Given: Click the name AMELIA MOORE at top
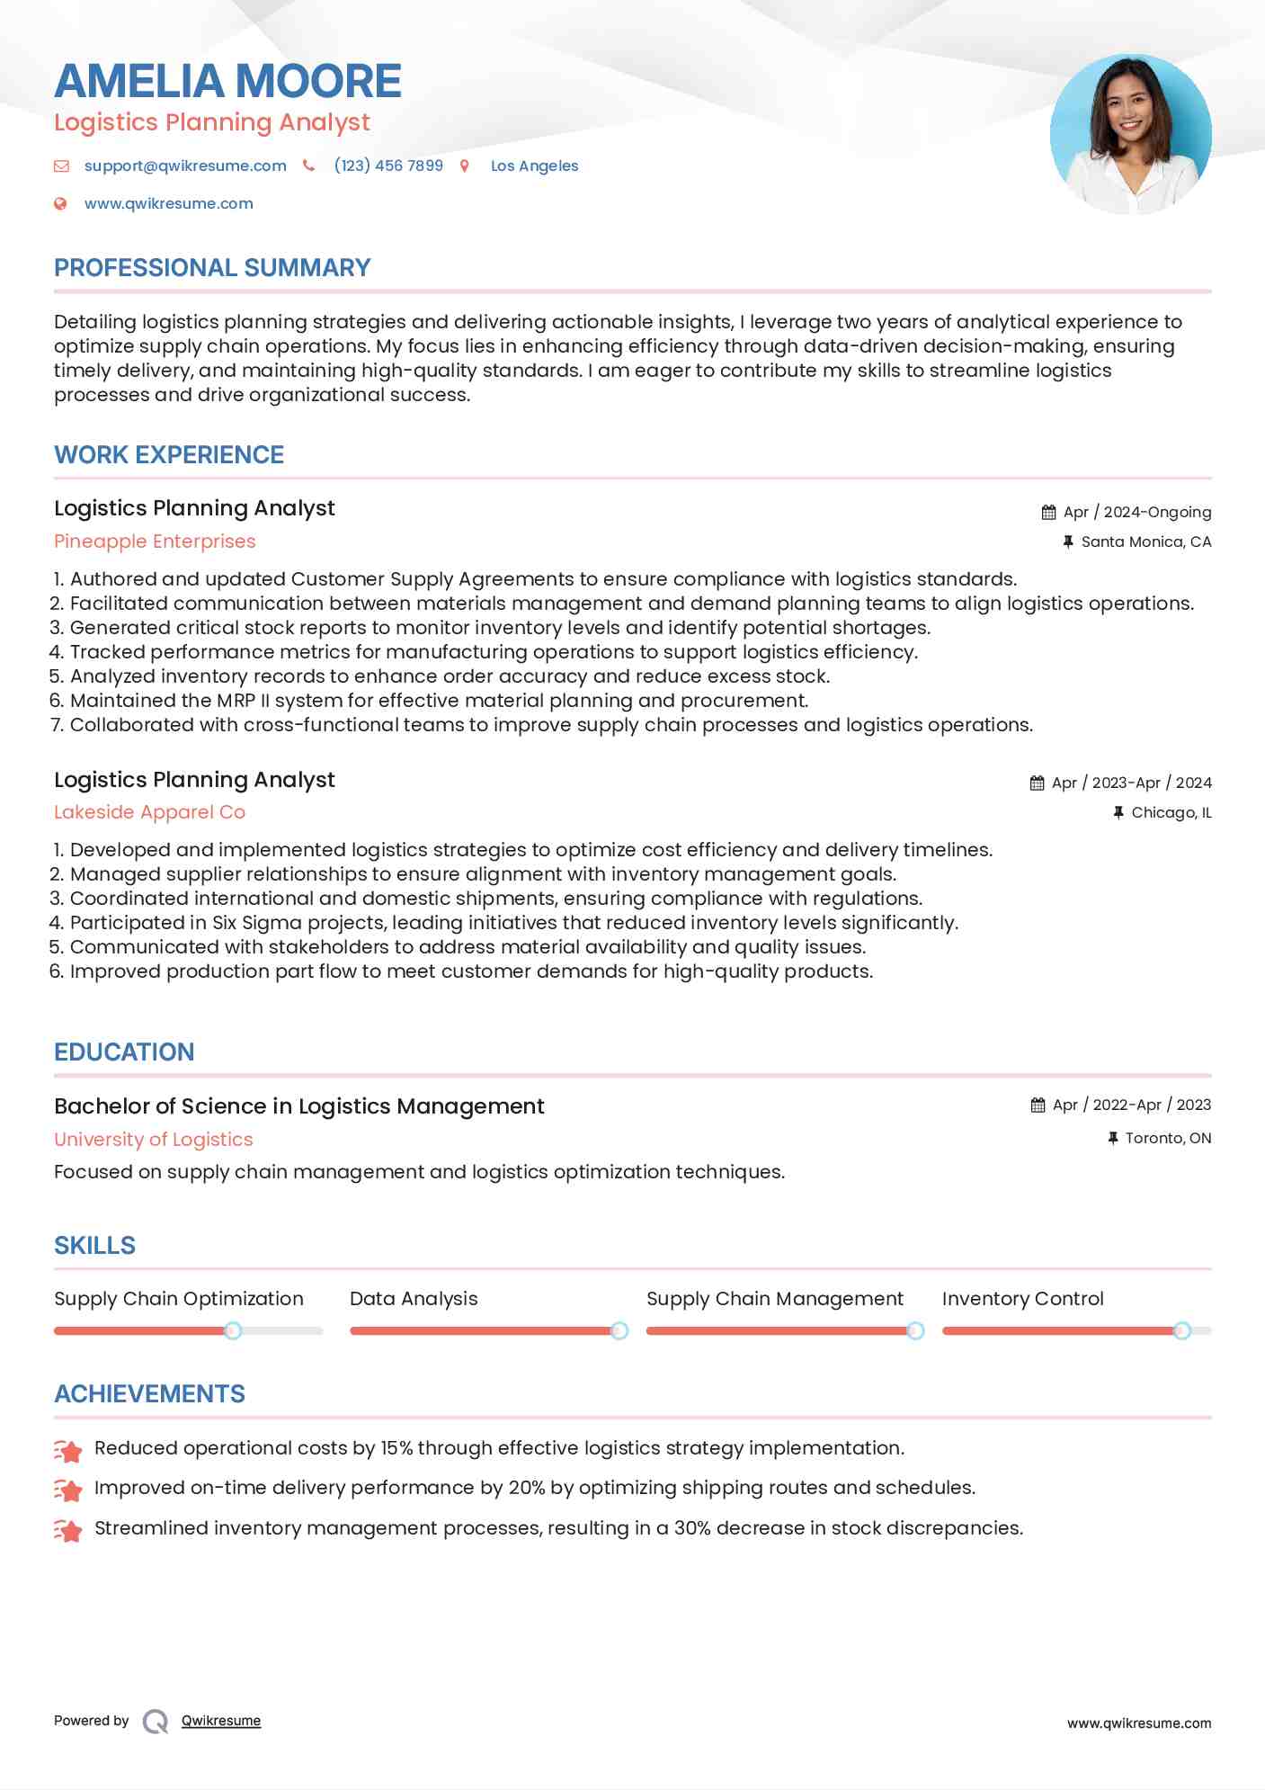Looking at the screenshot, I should [227, 81].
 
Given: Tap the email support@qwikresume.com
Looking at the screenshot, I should [185, 166].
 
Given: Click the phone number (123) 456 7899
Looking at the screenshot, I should [388, 166].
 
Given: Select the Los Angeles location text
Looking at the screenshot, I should [534, 166].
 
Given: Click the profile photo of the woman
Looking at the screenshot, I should [1130, 134].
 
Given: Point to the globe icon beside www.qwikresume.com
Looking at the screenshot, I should [60, 203].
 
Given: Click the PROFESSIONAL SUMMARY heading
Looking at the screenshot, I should [212, 268].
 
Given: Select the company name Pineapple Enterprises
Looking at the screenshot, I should [155, 541].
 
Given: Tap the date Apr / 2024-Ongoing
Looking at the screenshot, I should [1136, 512].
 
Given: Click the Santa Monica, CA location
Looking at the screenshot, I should [1145, 541].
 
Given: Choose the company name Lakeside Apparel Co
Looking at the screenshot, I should [149, 812].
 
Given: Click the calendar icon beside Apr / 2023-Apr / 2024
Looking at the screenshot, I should [1038, 783].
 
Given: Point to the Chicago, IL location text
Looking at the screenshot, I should [1171, 812].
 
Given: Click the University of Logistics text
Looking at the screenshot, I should [154, 1139].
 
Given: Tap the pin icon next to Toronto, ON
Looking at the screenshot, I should [1113, 1138].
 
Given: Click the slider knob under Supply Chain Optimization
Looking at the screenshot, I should [233, 1330].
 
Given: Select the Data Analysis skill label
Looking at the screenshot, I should [414, 1299].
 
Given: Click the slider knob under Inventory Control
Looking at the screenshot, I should [1182, 1330].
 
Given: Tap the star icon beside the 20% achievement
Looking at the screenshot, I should [68, 1490].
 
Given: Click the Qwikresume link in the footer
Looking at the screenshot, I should [221, 1721].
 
